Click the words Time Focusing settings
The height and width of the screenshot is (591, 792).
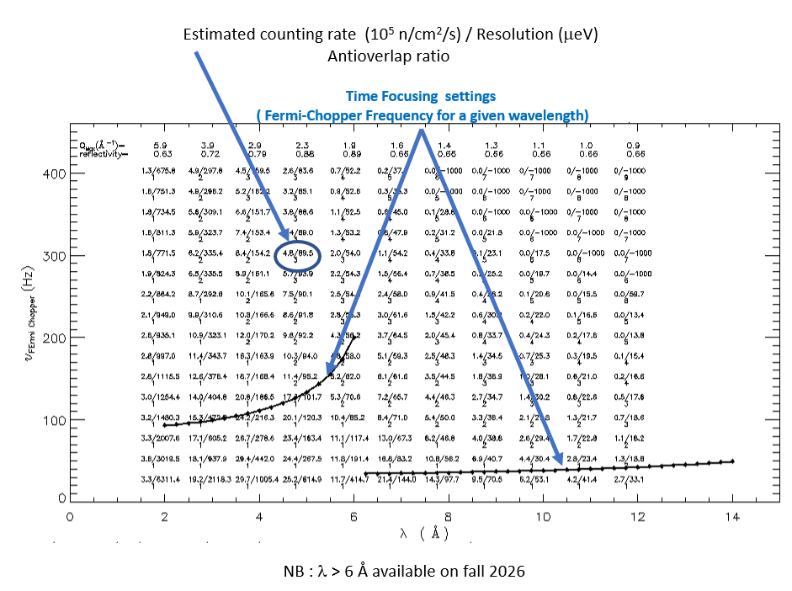[421, 97]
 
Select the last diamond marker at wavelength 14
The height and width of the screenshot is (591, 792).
[732, 461]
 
